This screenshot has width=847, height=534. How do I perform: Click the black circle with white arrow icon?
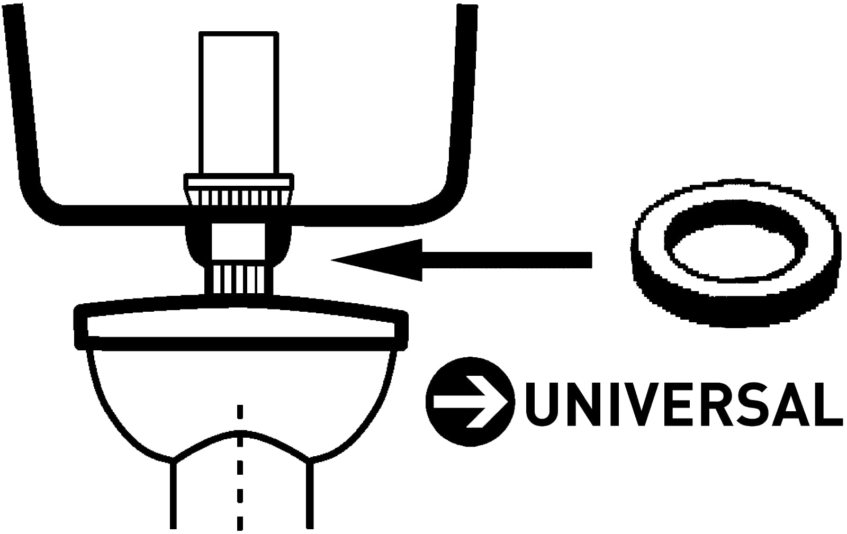[470, 401]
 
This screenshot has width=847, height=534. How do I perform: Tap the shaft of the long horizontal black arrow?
[507, 260]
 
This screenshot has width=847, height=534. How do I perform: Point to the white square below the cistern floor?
[238, 241]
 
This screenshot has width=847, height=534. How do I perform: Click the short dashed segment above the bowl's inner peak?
[240, 412]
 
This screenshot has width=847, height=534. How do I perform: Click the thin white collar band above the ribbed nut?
[239, 182]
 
